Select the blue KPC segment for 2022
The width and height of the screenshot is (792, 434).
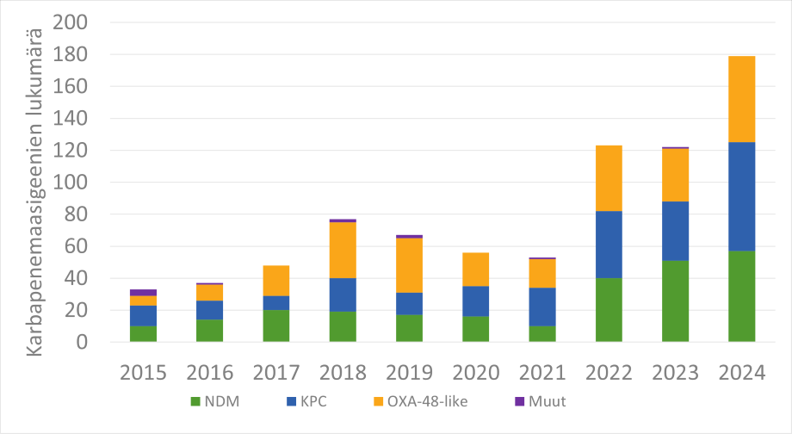pyautogui.click(x=609, y=245)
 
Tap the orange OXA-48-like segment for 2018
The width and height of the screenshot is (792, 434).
pyautogui.click(x=343, y=250)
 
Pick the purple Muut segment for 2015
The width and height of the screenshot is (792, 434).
pyautogui.click(x=144, y=293)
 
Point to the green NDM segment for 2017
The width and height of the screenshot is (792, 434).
pyautogui.click(x=276, y=325)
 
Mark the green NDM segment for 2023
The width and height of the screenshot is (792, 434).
pyautogui.click(x=675, y=301)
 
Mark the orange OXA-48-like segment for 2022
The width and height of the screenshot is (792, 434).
pyautogui.click(x=609, y=178)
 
